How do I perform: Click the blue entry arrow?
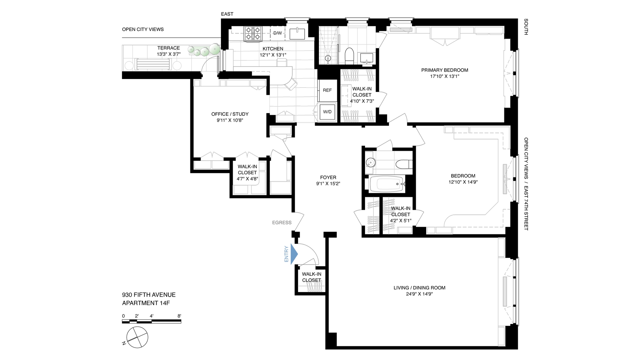coord(294,254)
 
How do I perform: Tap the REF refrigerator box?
coord(327,90)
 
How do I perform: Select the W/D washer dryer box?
coord(327,112)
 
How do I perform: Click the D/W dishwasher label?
coord(277,33)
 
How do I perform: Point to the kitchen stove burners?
coord(253,34)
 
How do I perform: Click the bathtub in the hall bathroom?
coord(387,184)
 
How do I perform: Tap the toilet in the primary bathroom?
coord(349,55)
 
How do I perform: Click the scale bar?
coord(151,322)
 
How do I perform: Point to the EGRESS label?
coord(282,223)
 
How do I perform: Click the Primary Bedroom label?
coord(444,70)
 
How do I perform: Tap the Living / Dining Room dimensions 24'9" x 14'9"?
coord(419,294)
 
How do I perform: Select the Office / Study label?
coord(230,114)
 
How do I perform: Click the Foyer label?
coord(328,178)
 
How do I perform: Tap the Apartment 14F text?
coord(146,303)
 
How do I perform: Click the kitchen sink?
coord(297,34)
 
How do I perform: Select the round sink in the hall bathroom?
coord(370,163)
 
